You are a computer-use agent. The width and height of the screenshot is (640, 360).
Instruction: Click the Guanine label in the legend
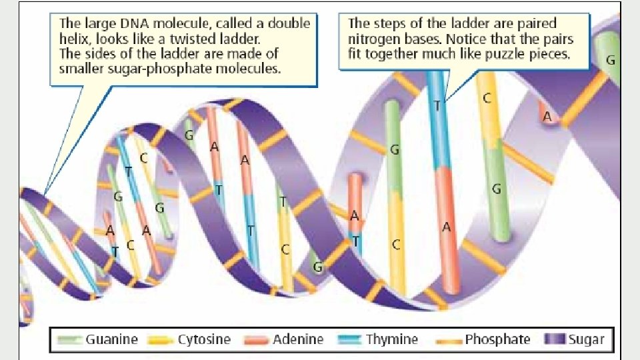click(111, 339)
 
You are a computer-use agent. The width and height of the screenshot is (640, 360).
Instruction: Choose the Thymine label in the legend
click(391, 339)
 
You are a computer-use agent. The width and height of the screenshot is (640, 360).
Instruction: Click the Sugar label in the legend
click(586, 339)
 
